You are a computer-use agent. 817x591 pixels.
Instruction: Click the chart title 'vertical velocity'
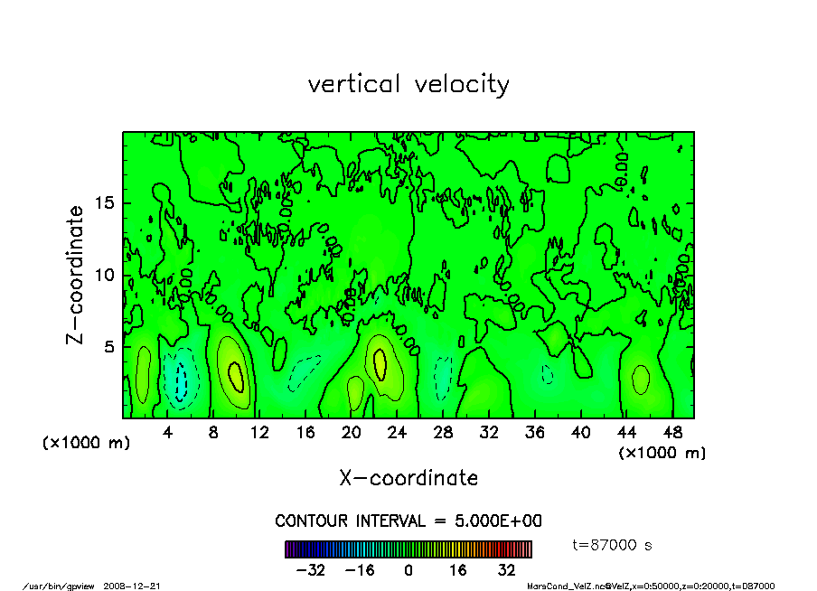pyautogui.click(x=408, y=84)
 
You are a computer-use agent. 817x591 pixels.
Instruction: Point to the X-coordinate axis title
pyautogui.click(x=408, y=478)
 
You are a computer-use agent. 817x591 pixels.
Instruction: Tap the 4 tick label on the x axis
pyautogui.click(x=168, y=432)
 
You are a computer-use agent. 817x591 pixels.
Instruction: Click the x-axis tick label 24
pyautogui.click(x=397, y=432)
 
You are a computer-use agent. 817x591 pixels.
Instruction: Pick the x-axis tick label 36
pyautogui.click(x=534, y=432)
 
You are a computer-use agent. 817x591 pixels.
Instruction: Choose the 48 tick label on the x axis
pyautogui.click(x=671, y=432)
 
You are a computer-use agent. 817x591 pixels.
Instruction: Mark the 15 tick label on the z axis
pyautogui.click(x=104, y=203)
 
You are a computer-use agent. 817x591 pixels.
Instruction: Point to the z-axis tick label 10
pyautogui.click(x=104, y=275)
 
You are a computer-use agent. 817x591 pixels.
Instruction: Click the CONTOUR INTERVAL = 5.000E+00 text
pyautogui.click(x=408, y=521)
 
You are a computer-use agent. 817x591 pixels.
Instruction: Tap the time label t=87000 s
pyautogui.click(x=613, y=545)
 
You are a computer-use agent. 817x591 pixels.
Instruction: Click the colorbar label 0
pyautogui.click(x=408, y=570)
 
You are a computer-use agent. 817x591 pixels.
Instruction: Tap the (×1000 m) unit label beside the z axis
pyautogui.click(x=83, y=444)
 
